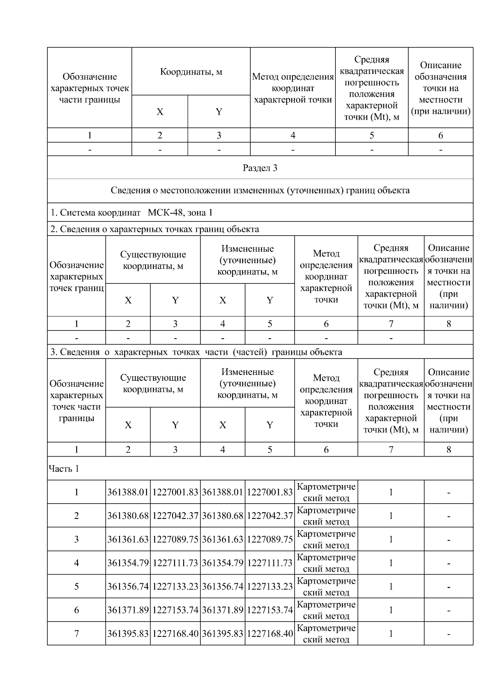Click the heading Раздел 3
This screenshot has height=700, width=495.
pyautogui.click(x=260, y=168)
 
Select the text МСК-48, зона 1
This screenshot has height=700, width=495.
pyautogui.click(x=180, y=213)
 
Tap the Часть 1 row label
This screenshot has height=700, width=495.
pyautogui.click(x=64, y=469)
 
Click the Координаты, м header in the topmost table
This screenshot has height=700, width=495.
pyautogui.click(x=191, y=72)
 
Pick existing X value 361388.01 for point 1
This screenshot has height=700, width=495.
pyautogui.click(x=128, y=492)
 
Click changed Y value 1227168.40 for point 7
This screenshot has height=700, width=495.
pyautogui.click(x=270, y=634)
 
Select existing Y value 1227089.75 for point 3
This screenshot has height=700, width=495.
pyautogui.click(x=175, y=540)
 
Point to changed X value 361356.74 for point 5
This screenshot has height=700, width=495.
pyautogui.click(x=223, y=587)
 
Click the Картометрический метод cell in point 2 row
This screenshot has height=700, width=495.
pyautogui.click(x=326, y=516)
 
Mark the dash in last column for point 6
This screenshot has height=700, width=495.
pyautogui.click(x=448, y=610)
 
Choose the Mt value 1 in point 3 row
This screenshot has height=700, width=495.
pyautogui.click(x=391, y=540)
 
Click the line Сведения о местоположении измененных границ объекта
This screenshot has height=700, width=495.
pyautogui.click(x=260, y=191)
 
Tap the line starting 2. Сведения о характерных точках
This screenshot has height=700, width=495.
pyautogui.click(x=155, y=229)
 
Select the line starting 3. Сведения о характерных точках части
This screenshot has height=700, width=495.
pyautogui.click(x=196, y=352)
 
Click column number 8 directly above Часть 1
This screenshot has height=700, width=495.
pyautogui.click(x=448, y=450)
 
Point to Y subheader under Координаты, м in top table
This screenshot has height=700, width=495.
pyautogui.click(x=219, y=112)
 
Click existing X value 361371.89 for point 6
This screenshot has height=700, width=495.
pyautogui.click(x=128, y=610)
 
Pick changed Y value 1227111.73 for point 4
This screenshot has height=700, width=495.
pyautogui.click(x=270, y=563)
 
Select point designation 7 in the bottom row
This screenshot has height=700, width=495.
pyautogui.click(x=76, y=634)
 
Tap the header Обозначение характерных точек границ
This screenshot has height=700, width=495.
pyautogui.click(x=76, y=276)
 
